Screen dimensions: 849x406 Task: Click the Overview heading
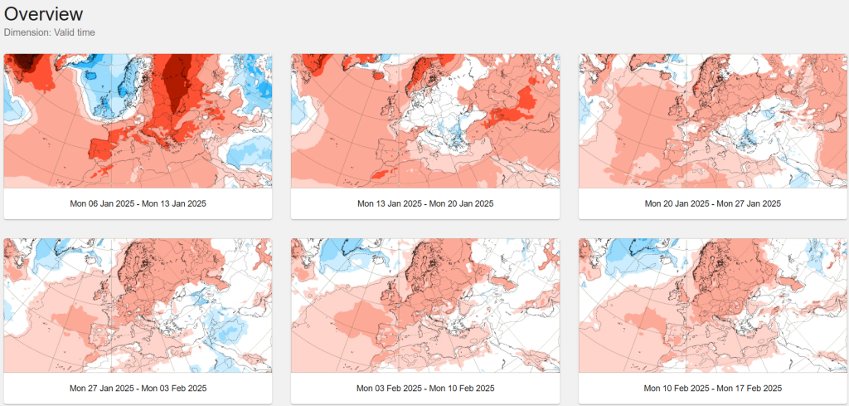tap(44, 13)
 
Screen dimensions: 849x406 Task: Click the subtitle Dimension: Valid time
tap(49, 32)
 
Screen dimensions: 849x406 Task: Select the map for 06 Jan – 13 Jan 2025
tap(138, 121)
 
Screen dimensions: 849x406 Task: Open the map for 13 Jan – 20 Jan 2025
tap(425, 121)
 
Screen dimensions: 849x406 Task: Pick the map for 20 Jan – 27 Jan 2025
tap(713, 121)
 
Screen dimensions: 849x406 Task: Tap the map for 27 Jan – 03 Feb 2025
tap(138, 306)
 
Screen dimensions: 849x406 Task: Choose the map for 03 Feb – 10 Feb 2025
tap(425, 306)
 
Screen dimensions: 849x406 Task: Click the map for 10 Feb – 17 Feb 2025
tap(713, 306)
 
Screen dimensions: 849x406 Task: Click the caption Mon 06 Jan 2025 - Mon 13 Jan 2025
tap(138, 203)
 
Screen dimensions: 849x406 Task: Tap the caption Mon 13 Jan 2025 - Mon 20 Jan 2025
tap(425, 203)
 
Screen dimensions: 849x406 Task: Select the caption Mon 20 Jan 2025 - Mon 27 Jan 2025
tap(713, 203)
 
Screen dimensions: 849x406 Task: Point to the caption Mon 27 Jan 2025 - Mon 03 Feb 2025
tap(138, 388)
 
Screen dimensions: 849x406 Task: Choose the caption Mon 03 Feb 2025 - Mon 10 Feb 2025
tap(425, 388)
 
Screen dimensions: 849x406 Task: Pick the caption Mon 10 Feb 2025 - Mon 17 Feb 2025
tap(713, 388)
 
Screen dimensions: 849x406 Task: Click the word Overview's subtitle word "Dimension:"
tap(27, 32)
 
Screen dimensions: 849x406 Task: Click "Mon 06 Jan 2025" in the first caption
tap(102, 203)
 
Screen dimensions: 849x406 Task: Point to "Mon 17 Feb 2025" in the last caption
tap(750, 388)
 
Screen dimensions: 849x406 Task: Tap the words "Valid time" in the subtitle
tap(74, 32)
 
